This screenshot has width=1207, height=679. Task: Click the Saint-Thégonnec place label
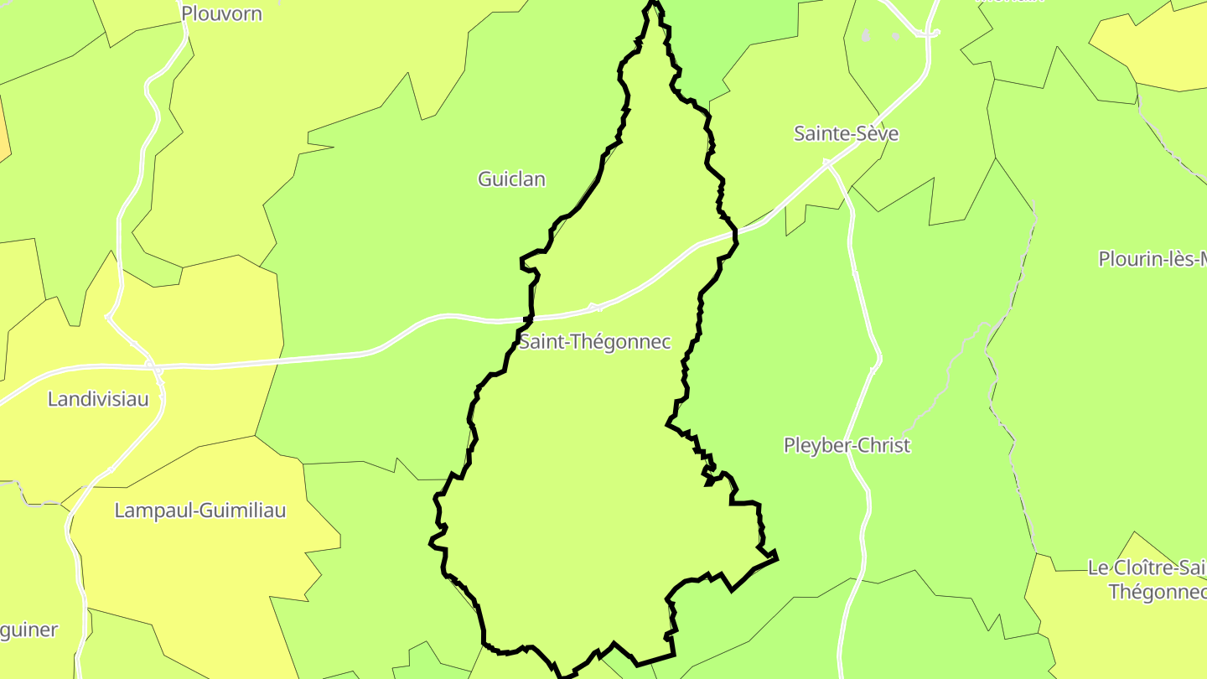coord(594,342)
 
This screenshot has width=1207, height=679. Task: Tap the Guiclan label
coord(511,179)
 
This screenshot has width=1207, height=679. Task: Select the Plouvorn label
coord(221,13)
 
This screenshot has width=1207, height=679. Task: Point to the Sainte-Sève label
coord(847,133)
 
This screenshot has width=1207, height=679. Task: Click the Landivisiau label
coord(98,399)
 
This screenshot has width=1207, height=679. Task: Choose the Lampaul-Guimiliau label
coord(200,511)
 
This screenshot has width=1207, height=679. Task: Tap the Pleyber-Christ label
coord(847,445)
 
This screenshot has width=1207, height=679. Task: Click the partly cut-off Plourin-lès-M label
coord(1153,259)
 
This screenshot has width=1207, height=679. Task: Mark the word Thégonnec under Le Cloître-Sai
coord(1157,592)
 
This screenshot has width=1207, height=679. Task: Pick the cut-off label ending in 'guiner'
coord(29,630)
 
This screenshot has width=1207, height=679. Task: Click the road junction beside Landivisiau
coord(153,367)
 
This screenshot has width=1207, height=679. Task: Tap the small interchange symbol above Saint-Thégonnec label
coord(595,308)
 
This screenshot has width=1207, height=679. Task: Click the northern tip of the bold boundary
coord(653,4)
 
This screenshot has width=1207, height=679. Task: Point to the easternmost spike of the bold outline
coord(776,554)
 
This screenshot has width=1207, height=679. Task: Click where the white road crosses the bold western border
coord(529,319)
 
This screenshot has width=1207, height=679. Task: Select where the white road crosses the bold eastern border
coord(733,231)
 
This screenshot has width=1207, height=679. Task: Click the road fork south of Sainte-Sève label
coord(828,164)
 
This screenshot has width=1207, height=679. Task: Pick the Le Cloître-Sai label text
coord(1147,568)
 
